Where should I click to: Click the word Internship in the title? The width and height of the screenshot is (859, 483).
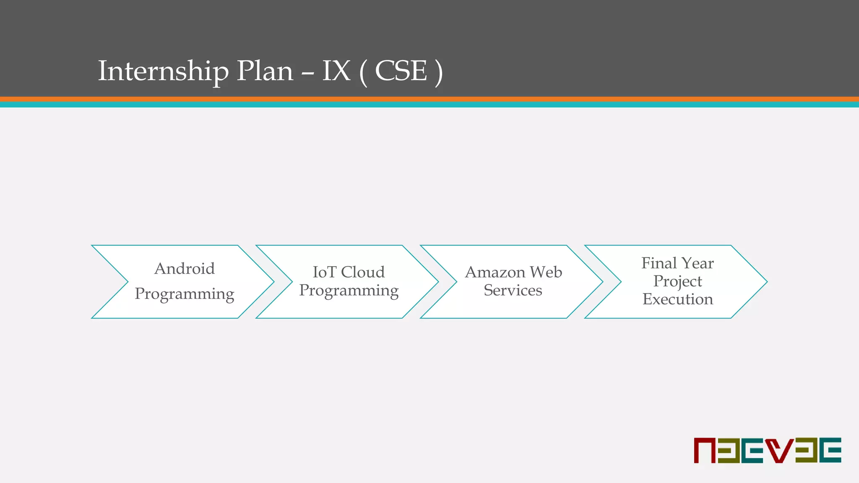pos(163,71)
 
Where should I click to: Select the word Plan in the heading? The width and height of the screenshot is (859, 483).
pos(265,71)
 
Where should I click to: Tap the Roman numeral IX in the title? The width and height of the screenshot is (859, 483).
pos(336,71)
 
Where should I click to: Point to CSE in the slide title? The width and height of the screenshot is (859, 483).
pos(401,71)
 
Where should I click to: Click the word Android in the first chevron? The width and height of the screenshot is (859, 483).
pos(185,269)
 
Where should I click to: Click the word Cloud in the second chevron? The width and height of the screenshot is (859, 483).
pos(363,273)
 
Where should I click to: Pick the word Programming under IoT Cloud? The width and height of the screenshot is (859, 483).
pos(349,291)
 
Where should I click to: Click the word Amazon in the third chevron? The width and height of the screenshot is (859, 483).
pos(495,273)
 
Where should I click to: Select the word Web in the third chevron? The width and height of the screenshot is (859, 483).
pos(546,273)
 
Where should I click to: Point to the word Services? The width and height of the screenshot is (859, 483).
pos(513,291)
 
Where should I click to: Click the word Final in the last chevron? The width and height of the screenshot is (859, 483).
pos(659,263)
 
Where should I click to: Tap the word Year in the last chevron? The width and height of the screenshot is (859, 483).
pos(698,263)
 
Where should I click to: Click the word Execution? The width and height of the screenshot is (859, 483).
pos(677,299)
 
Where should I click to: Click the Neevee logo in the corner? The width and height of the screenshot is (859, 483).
pos(767,450)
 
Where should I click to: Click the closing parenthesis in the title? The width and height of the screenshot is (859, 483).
pos(438,72)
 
